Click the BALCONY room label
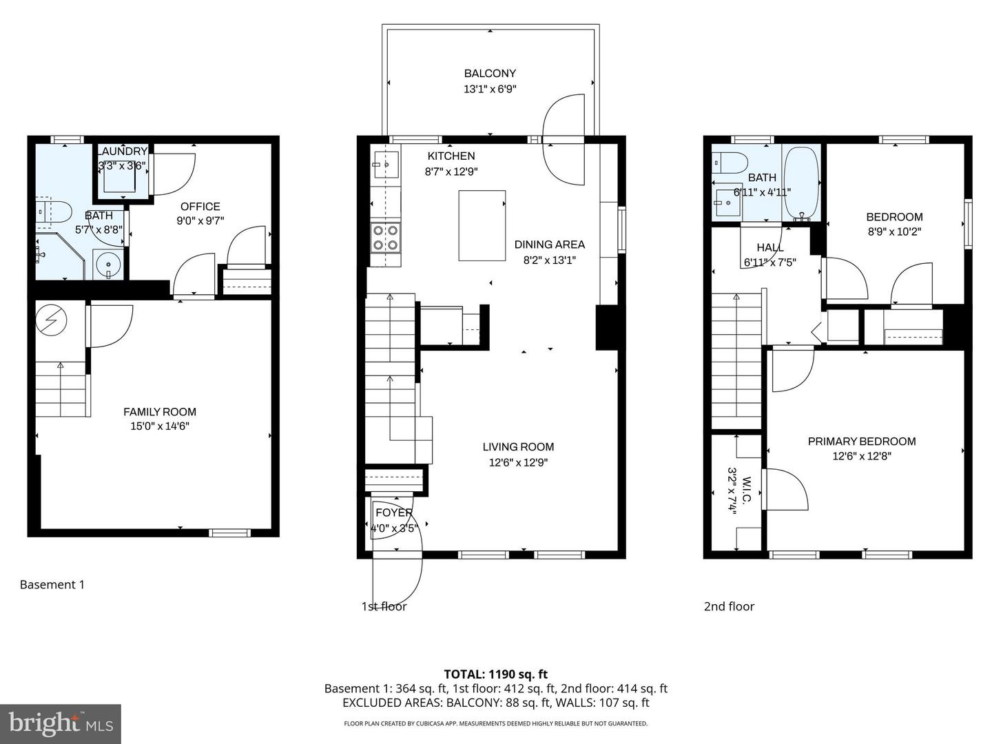pyautogui.click(x=489, y=73)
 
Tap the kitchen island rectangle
pyautogui.click(x=482, y=225)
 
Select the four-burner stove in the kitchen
pyautogui.click(x=385, y=238)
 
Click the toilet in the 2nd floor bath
pyautogui.click(x=730, y=163)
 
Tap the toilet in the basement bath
pyautogui.click(x=55, y=214)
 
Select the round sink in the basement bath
pyautogui.click(x=108, y=265)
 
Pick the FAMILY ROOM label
pyautogui.click(x=160, y=412)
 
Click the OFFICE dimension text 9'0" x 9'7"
pyautogui.click(x=200, y=221)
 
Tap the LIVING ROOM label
pyautogui.click(x=518, y=447)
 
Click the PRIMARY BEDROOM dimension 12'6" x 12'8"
pyautogui.click(x=862, y=456)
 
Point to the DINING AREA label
pyautogui.click(x=549, y=245)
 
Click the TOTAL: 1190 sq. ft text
pyautogui.click(x=495, y=674)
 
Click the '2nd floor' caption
pyautogui.click(x=729, y=606)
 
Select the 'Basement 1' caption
pyautogui.click(x=52, y=585)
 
